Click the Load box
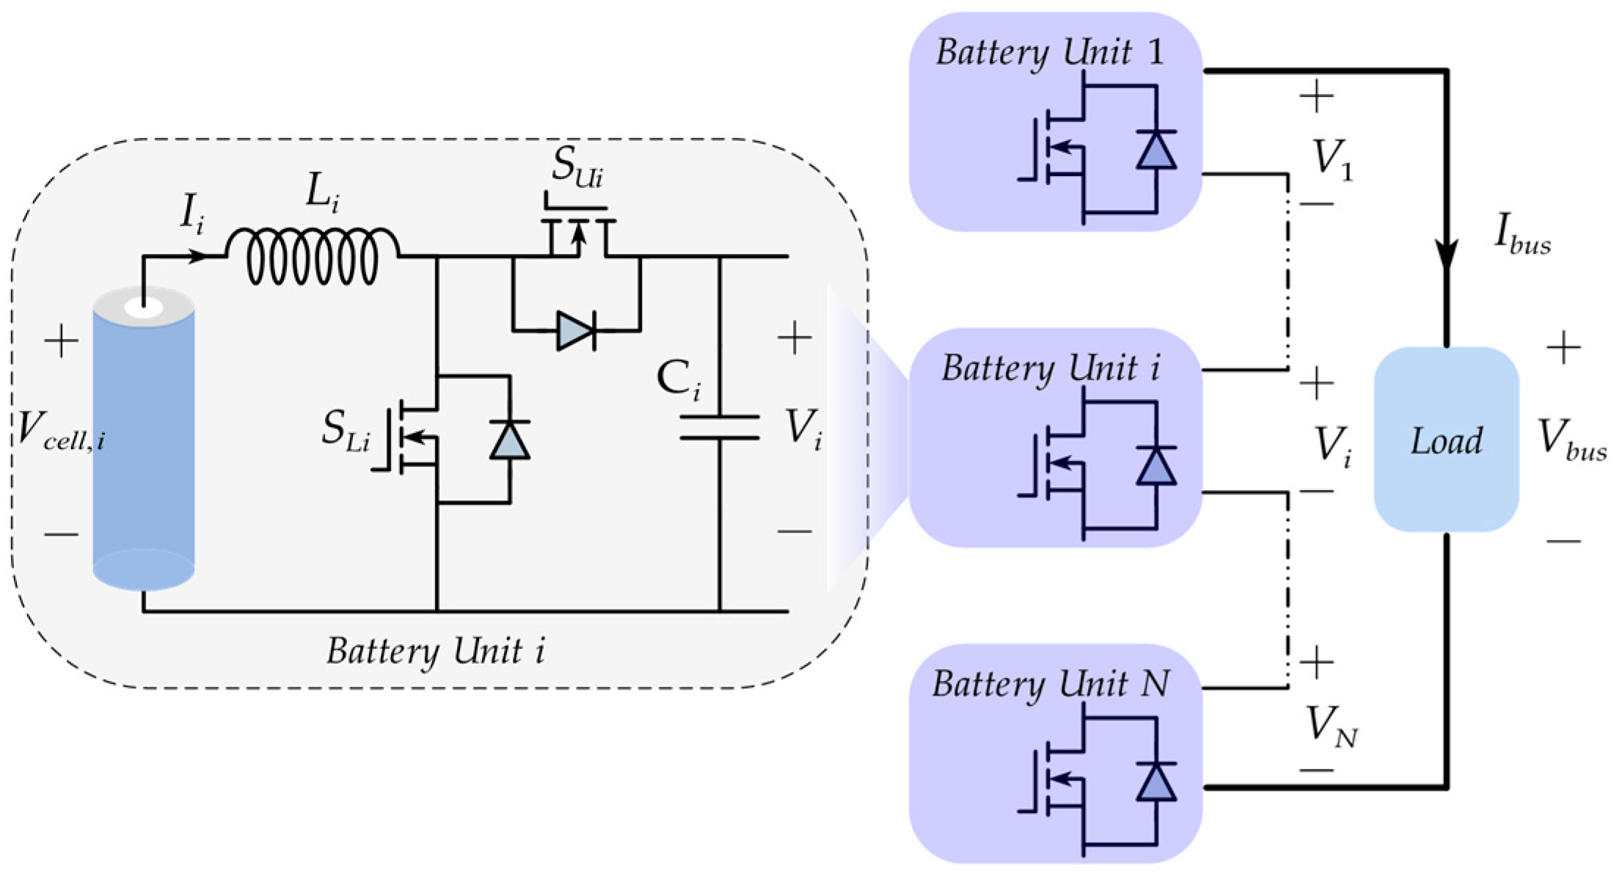[x=1445, y=439]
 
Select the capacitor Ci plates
[x=719, y=427]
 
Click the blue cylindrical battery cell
[x=143, y=440]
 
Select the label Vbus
[x=1571, y=439]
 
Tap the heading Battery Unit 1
[x=1049, y=53]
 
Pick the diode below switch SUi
[x=576, y=331]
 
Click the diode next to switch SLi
[x=510, y=440]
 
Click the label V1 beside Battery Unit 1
[x=1332, y=158]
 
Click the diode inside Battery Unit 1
[x=1155, y=150]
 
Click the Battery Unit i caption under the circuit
[x=436, y=651]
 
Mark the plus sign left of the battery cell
[x=62, y=341]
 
